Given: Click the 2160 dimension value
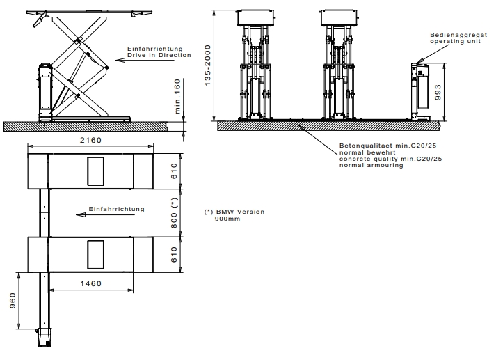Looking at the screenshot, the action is click(90, 140).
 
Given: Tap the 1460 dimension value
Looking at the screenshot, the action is click(91, 283).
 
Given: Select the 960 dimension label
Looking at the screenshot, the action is click(13, 301).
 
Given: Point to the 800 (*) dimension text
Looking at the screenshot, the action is click(174, 213).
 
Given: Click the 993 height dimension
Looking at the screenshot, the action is click(438, 92).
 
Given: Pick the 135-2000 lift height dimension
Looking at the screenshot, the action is click(207, 65).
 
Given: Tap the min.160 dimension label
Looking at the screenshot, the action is click(177, 96).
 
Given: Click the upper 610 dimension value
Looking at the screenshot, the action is click(174, 171).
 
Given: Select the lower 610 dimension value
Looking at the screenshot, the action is click(174, 255).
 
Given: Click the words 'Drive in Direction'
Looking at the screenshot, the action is click(159, 55).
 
